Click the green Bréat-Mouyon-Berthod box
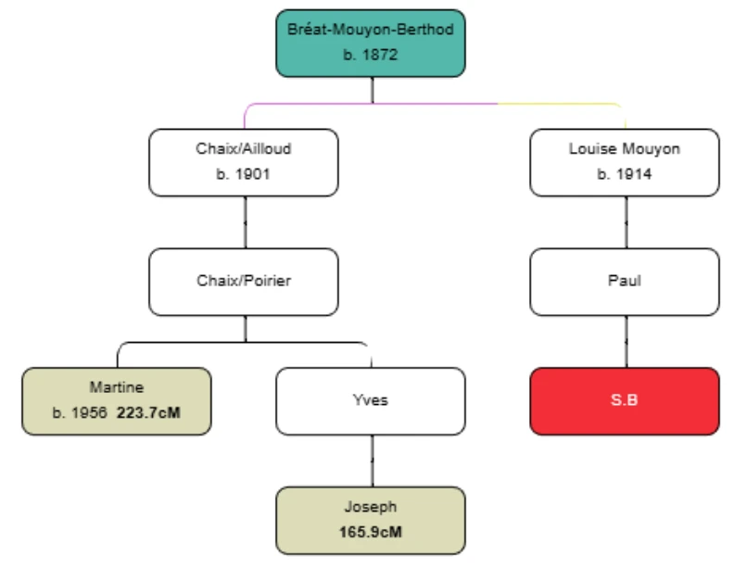pyautogui.click(x=371, y=43)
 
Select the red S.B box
pyautogui.click(x=625, y=401)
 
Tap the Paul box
pyautogui.click(x=625, y=282)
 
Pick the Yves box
pyautogui.click(x=371, y=401)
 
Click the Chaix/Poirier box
pyautogui.click(x=244, y=282)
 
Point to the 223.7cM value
pyautogui.click(x=149, y=411)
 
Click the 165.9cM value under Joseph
pyautogui.click(x=371, y=531)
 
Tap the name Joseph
pyautogui.click(x=371, y=507)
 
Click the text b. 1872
pyautogui.click(x=371, y=55)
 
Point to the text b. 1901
pyautogui.click(x=244, y=173)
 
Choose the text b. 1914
pyautogui.click(x=625, y=173)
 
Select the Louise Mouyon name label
pyautogui.click(x=625, y=148)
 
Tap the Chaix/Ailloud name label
pyautogui.click(x=244, y=148)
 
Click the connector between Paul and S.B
pyautogui.click(x=626, y=342)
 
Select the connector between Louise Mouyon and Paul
pyautogui.click(x=626, y=222)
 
